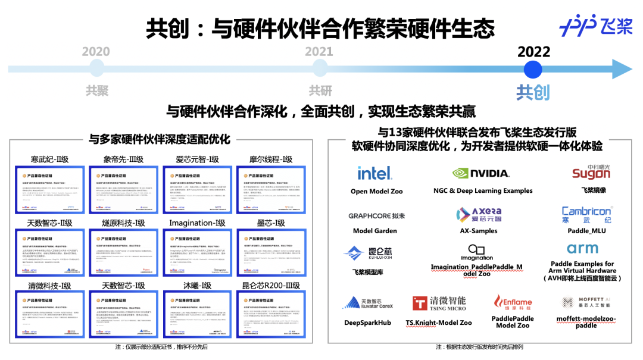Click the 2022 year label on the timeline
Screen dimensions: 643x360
(533, 52)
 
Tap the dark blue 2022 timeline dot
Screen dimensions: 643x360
(533, 69)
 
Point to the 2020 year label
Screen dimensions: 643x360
(96, 52)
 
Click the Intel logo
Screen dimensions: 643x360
(374, 173)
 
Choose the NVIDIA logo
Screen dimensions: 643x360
(481, 173)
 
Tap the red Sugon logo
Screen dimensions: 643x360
(591, 173)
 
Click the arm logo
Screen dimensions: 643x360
(582, 248)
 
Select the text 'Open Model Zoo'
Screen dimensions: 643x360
(376, 192)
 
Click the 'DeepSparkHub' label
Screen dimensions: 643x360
(367, 323)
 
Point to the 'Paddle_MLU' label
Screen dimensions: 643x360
(586, 231)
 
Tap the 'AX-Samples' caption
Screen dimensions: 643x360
(479, 231)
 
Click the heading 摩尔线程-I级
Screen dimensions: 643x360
(271, 159)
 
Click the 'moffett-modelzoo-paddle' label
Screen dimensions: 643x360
(586, 322)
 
